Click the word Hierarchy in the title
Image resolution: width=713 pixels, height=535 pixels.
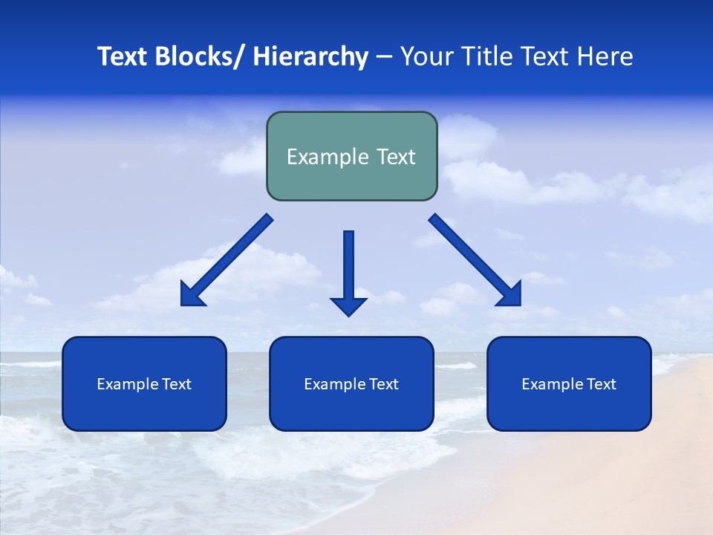[310, 56]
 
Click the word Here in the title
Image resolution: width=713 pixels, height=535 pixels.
[605, 56]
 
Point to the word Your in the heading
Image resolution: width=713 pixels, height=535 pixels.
[426, 56]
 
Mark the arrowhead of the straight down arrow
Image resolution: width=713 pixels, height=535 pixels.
[348, 306]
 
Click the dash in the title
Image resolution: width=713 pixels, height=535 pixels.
[384, 56]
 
